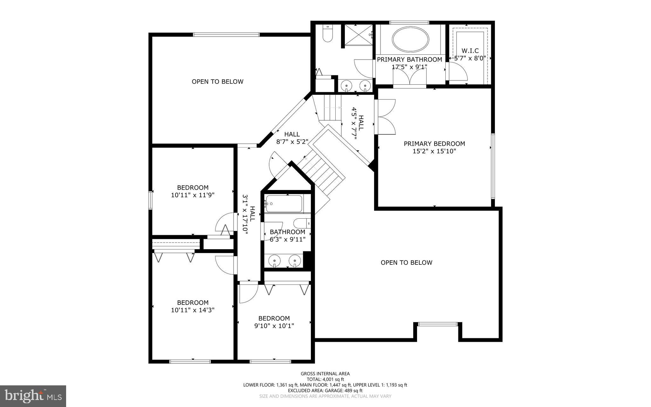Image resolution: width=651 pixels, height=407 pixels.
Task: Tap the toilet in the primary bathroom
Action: [327, 34]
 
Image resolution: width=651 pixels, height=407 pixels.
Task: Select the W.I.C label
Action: [470, 51]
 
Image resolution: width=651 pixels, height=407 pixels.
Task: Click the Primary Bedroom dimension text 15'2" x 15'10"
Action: [434, 151]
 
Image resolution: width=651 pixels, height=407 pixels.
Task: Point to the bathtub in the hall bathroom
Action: [284, 204]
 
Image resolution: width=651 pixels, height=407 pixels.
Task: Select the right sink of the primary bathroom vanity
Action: [365, 85]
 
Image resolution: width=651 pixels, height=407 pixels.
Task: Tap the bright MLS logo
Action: [33, 396]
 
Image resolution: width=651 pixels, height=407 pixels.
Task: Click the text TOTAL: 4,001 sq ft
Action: [325, 379]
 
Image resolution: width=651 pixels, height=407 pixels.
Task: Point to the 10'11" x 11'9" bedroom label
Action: [193, 191]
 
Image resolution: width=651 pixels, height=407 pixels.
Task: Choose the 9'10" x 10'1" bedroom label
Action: [274, 322]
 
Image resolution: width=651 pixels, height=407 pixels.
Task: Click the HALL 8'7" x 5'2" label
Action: [292, 138]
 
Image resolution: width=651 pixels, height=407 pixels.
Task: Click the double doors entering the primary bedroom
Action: [386, 117]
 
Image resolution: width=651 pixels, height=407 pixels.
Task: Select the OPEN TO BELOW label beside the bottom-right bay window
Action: [406, 263]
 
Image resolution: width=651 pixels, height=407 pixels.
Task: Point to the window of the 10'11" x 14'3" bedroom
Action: [190, 361]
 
